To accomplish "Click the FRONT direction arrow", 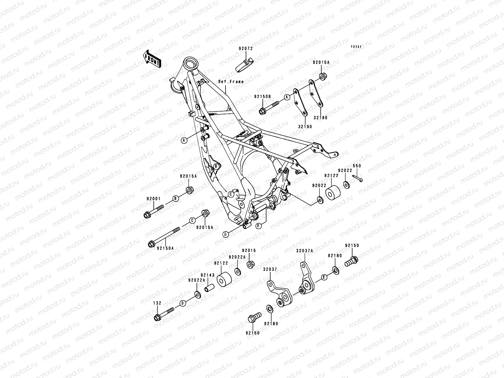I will click(157, 59).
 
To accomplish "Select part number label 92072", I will click(245, 49).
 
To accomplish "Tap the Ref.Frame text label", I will click(231, 82).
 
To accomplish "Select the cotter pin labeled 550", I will click(358, 178).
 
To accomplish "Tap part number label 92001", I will click(153, 199).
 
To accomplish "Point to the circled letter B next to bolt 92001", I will click(175, 198).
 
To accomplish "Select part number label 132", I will click(157, 303).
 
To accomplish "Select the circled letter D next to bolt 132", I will click(182, 303).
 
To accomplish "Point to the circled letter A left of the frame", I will click(184, 140).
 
